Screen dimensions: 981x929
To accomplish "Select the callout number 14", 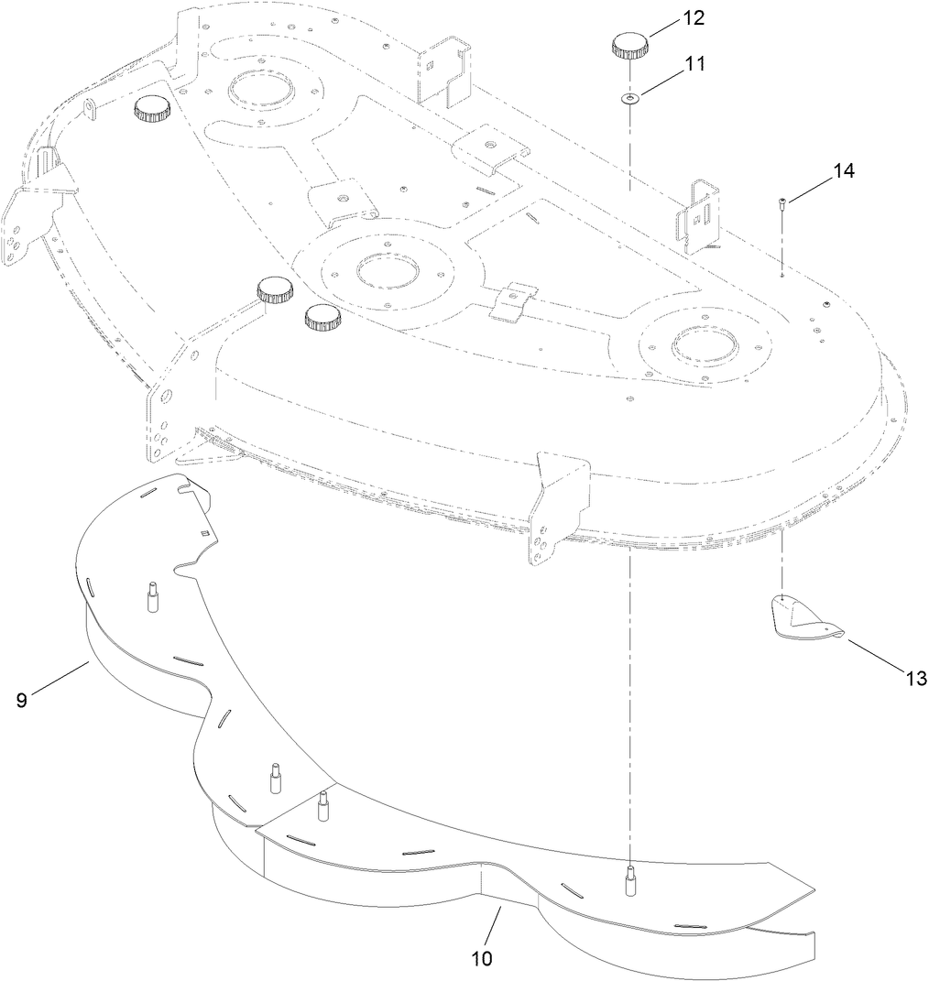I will pos(844,170).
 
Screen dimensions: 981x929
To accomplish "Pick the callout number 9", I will pos(21,701).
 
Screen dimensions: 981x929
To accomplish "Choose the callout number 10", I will pos(482,958).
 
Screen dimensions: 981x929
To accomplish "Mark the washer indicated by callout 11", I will pos(628,98).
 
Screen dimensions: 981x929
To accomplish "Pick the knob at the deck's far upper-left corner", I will pos(152,110).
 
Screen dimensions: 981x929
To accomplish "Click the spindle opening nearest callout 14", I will pos(702,345).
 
